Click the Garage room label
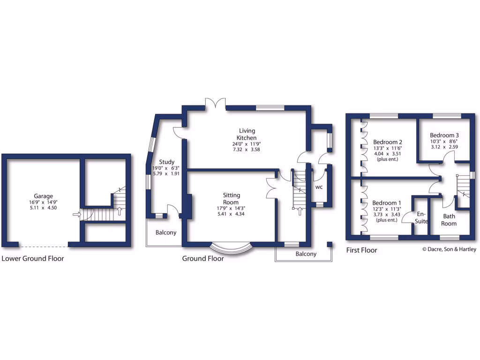tap(43, 196)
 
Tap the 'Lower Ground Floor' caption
tap(33, 258)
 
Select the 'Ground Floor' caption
tap(203, 258)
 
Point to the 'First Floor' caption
tap(361, 250)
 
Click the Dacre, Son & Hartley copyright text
tap(449, 249)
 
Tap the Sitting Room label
tap(231, 199)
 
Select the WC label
tap(319, 187)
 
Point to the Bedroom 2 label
tap(388, 142)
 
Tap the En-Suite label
tap(421, 217)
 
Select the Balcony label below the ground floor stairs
tap(306, 254)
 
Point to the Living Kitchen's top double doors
tap(216, 104)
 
